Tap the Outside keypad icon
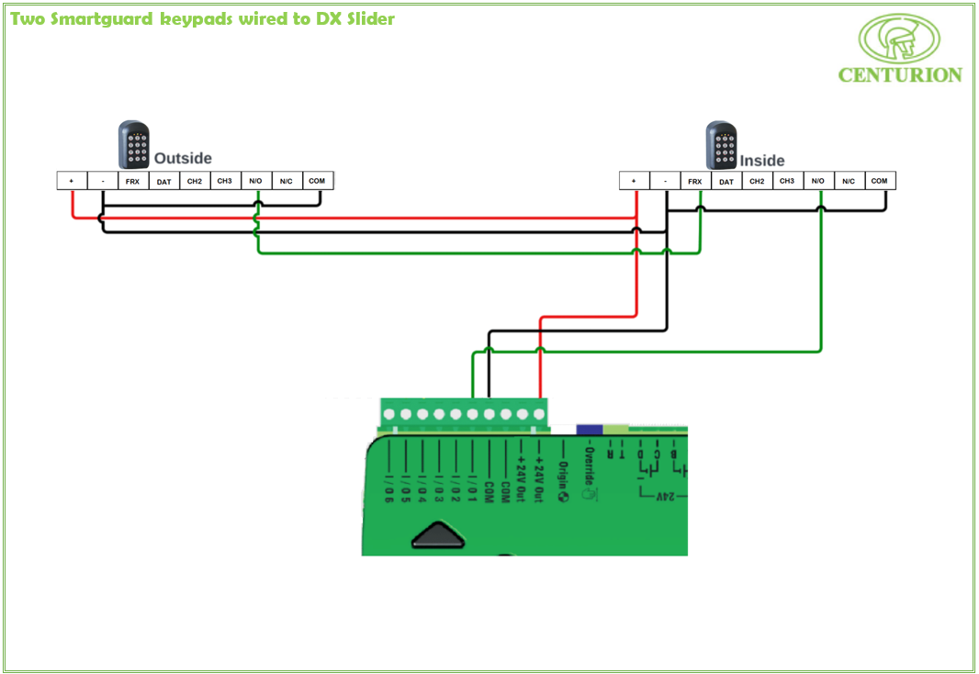(x=133, y=145)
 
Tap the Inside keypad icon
(x=721, y=145)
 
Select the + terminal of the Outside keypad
(x=72, y=181)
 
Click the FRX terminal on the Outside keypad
(x=133, y=181)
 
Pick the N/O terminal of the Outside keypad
(x=255, y=181)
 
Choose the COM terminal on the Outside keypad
(x=317, y=181)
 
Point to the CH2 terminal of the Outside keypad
(x=195, y=181)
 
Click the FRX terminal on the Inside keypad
(x=695, y=181)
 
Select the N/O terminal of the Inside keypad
(x=817, y=181)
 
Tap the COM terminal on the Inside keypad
(x=879, y=181)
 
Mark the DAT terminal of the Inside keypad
(x=726, y=181)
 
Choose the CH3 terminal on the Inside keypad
(x=787, y=181)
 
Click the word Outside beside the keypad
(x=183, y=158)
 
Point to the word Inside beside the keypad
(x=762, y=161)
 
